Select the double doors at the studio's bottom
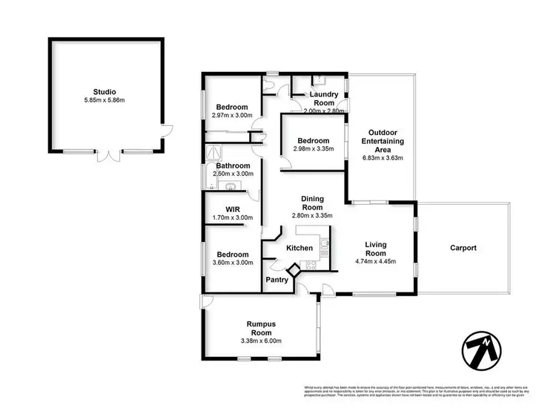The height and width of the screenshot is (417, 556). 111,156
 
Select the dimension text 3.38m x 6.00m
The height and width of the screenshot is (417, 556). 262,341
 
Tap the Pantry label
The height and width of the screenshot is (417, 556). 277,280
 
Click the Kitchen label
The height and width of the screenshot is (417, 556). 299,248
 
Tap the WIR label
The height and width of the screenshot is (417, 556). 232,208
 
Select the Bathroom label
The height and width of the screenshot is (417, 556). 233,165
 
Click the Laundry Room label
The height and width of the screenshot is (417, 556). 324,94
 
